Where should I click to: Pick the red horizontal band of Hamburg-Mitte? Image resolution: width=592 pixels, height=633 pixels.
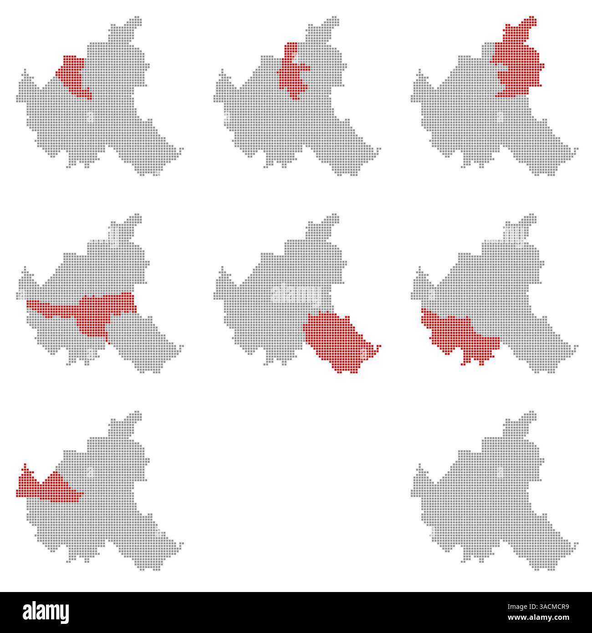click(x=91, y=310)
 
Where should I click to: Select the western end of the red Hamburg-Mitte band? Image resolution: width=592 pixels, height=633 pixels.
click(x=29, y=303)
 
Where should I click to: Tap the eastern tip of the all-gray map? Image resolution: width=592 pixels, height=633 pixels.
click(x=577, y=543)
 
